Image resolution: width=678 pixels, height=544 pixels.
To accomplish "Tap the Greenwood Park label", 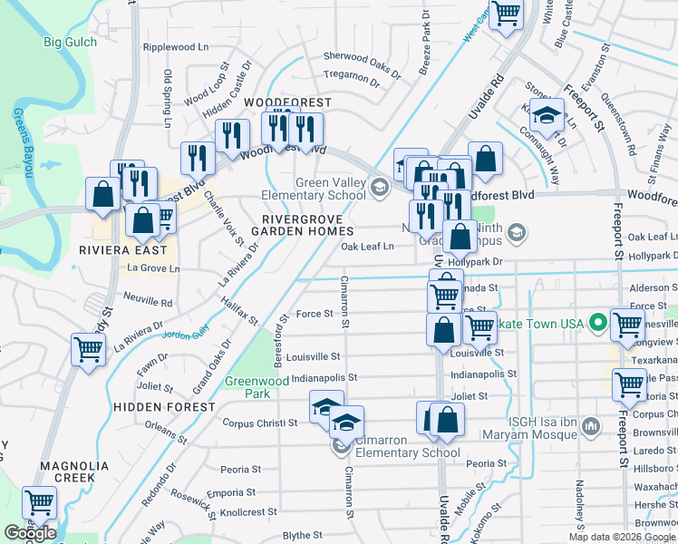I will click(247, 387).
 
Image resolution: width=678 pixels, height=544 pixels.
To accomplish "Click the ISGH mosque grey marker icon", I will click(590, 425).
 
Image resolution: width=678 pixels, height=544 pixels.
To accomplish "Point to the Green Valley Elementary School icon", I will click(382, 189).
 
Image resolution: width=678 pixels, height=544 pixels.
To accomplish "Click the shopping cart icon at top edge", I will click(506, 14).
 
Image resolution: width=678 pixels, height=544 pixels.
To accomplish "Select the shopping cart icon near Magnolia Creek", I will click(39, 501).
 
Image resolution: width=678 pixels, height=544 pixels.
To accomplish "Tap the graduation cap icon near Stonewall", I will click(547, 114).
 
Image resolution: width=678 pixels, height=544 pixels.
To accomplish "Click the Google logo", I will click(30, 533).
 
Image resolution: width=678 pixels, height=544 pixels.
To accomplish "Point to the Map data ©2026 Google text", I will click(621, 537).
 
